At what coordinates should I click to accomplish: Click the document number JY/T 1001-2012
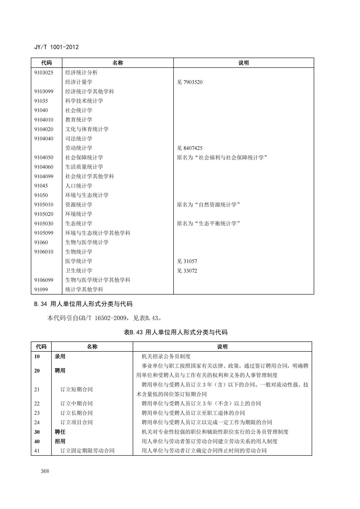coord(56,47)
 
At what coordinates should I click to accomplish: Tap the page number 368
coord(45,471)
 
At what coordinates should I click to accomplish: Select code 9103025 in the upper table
coord(44,73)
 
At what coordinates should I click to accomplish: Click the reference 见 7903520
coord(190,82)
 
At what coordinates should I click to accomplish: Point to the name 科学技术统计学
coord(84,101)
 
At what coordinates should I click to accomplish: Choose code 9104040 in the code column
coord(44,139)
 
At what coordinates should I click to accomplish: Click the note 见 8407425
coord(190,148)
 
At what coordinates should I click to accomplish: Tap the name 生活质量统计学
coord(84,167)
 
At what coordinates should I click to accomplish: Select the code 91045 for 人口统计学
coord(41,186)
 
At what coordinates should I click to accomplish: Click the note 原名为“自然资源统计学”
coord(208,205)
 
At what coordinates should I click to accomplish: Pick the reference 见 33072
coord(187,271)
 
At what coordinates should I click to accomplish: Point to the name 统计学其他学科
coord(84,289)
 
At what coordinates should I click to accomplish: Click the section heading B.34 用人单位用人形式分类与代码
coord(83,304)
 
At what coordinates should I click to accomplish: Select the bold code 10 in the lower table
coord(37,356)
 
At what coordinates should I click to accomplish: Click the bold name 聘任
coord(60,432)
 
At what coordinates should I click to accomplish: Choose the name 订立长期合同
coord(76,413)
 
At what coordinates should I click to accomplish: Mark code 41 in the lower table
coord(37,451)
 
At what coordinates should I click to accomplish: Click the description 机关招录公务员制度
coord(166,356)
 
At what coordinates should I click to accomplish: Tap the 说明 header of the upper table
coord(244,63)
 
